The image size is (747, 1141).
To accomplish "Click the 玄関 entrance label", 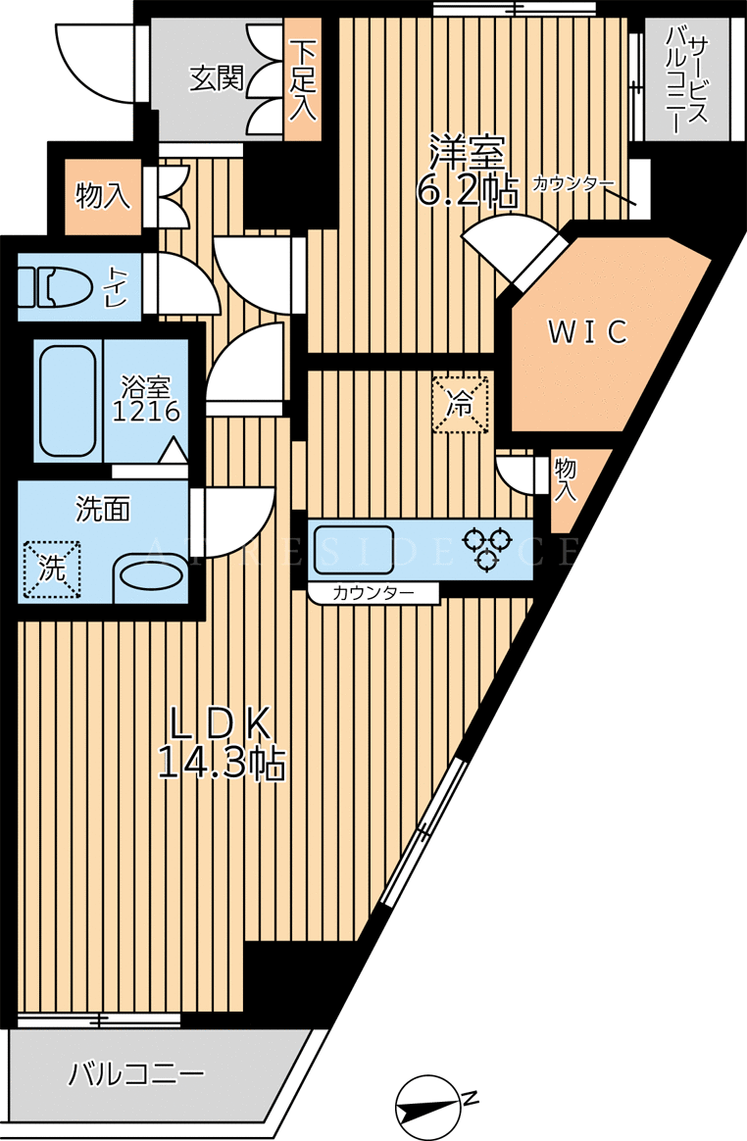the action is point(217,78).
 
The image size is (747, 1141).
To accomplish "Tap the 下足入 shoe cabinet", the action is point(302,80).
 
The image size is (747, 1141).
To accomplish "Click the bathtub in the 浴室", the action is point(67,401).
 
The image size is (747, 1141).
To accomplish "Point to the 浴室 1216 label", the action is point(146,400).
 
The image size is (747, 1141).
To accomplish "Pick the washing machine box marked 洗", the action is point(52,570).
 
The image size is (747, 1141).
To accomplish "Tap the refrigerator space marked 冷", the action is point(460,405).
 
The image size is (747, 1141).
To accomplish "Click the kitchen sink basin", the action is point(354,549).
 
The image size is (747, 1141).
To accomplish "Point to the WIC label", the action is point(587,332).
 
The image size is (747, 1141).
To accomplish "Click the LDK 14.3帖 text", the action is point(222,743).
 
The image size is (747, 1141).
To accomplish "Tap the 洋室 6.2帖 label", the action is point(467,172).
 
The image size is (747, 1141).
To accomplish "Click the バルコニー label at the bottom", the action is point(137,1074).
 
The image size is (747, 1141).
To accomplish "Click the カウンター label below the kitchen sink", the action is point(373,593).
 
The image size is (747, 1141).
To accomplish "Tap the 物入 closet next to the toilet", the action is point(103,196).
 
